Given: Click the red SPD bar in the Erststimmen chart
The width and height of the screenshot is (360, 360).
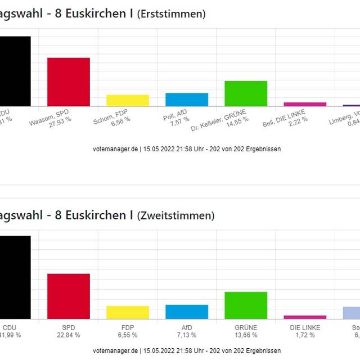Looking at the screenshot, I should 68,82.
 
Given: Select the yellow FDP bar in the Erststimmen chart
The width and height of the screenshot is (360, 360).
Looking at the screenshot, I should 128,100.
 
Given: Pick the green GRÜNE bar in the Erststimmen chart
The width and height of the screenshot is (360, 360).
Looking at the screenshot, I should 246,93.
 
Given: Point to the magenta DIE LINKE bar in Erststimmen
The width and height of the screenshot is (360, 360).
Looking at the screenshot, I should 305,104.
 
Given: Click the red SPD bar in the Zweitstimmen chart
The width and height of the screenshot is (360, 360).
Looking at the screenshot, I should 68,296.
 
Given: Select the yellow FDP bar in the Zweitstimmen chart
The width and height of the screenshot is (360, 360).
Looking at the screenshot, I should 128,312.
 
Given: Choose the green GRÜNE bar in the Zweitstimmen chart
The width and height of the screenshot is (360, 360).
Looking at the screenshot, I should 246,305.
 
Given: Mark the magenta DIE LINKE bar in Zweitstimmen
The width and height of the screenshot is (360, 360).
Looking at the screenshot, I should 305,317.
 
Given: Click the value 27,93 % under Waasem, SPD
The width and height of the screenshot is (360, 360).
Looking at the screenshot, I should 60,120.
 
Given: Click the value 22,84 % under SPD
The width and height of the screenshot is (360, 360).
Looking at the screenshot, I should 68,335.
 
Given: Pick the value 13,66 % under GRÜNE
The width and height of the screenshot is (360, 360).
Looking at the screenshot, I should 246,335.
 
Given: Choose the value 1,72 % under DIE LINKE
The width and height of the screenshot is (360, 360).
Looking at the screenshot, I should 305,335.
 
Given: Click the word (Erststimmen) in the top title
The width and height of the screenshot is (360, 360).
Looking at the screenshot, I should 171,14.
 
